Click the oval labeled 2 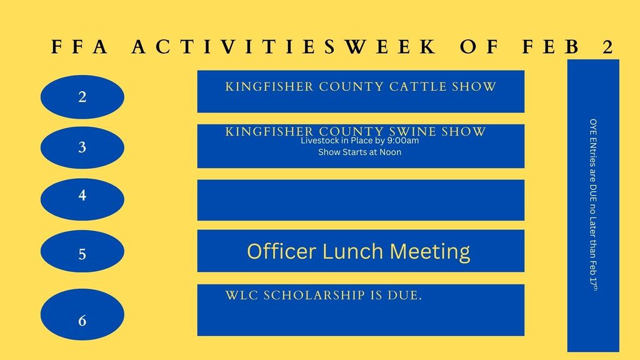82,97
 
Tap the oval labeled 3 82,148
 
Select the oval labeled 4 82,196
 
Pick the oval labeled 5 82,254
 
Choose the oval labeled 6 82,321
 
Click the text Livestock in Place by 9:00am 359,141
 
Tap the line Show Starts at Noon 359,152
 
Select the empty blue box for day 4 361,200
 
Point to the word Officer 282,251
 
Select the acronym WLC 241,295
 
